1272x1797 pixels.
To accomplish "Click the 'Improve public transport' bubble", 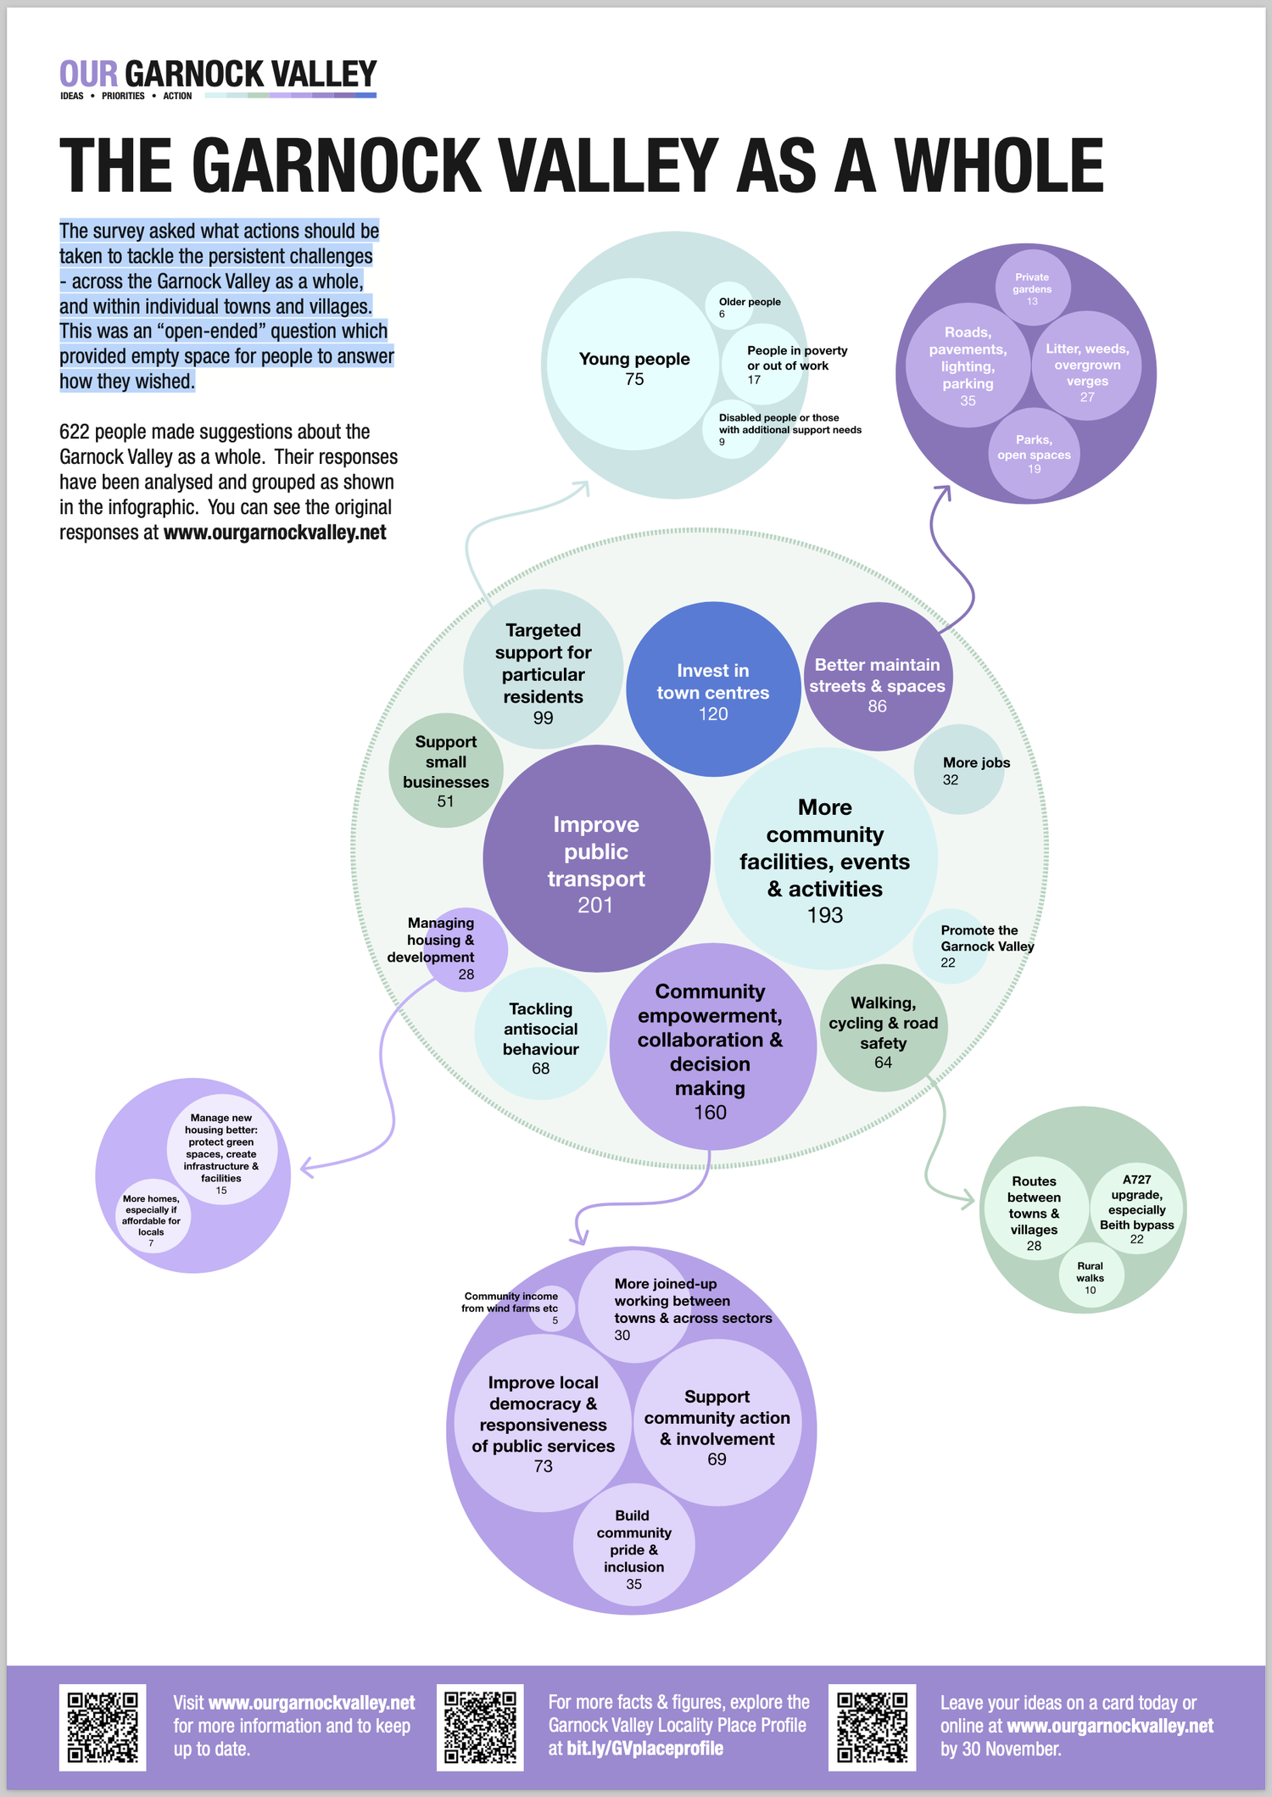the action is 596,858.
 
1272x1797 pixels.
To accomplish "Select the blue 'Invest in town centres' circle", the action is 713,689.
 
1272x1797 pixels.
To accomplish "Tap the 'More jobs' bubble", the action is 959,769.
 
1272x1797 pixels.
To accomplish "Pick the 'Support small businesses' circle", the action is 446,771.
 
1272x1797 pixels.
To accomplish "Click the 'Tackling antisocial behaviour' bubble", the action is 541,1033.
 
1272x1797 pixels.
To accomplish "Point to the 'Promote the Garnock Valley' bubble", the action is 950,946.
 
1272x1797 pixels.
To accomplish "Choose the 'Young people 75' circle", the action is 633,364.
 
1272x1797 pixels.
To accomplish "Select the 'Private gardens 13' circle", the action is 1032,287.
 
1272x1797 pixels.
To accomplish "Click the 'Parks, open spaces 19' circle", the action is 1035,453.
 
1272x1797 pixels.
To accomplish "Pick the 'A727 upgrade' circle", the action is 1136,1208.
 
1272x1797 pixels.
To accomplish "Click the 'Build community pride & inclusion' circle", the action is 634,1544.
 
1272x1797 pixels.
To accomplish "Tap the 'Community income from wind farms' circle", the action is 554,1308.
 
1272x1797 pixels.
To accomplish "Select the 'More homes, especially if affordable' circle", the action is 153,1216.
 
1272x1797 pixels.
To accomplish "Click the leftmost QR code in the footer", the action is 103,1727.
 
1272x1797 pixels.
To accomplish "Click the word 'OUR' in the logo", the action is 88,74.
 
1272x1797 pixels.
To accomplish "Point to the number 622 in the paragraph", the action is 75,432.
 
